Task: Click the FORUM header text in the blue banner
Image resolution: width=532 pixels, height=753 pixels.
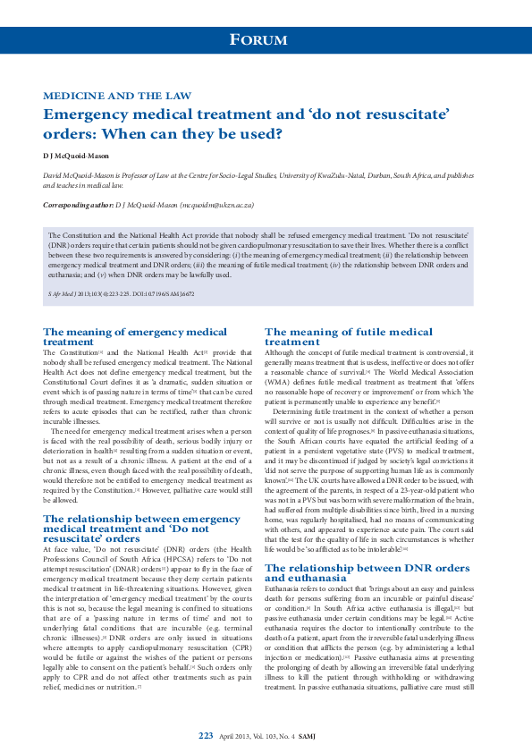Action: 258,40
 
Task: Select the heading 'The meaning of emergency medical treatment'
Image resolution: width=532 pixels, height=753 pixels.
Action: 135,336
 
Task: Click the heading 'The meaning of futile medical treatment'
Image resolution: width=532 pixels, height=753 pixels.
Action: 348,336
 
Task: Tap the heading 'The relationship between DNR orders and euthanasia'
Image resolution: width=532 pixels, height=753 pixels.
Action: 367,547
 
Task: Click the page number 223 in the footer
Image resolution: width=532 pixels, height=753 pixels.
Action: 206,735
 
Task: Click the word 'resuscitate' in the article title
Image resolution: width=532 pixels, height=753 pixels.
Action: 404,114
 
